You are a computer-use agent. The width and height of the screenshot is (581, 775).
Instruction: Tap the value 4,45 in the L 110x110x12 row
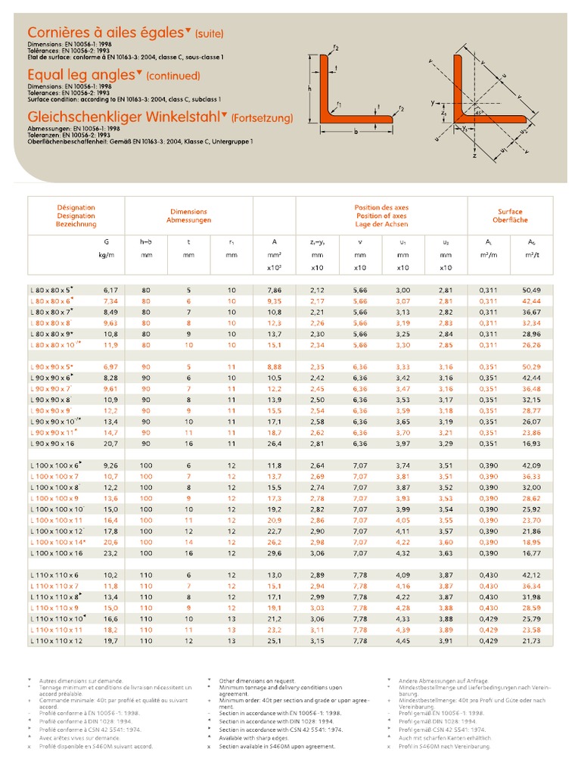[403, 641]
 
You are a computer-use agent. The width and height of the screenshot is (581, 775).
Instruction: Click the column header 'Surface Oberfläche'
[510, 216]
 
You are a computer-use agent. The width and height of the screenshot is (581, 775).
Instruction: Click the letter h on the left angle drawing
[311, 88]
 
